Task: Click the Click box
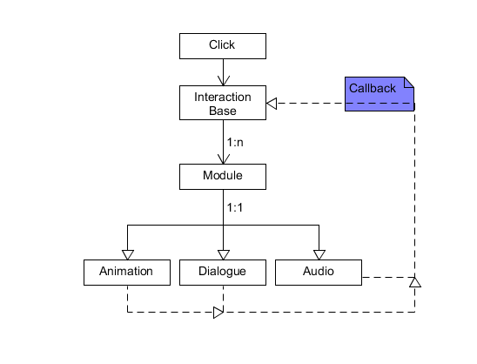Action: point(223,46)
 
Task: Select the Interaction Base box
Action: point(223,103)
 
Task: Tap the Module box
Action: point(223,177)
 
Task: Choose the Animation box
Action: point(127,273)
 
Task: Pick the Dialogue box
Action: point(223,273)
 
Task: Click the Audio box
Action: point(319,273)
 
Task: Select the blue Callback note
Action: point(380,94)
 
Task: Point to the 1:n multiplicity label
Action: point(235,142)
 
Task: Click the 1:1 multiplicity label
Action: point(235,207)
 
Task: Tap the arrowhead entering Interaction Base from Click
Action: point(224,81)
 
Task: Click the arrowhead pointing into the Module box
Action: point(224,159)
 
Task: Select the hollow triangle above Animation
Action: point(128,255)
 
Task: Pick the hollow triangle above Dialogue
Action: point(224,255)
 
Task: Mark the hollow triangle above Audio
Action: point(319,255)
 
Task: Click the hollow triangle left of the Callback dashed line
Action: point(272,104)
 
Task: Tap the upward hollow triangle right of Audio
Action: point(415,282)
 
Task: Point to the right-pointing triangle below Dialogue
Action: point(218,313)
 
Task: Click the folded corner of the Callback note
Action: point(409,82)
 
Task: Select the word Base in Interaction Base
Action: point(223,111)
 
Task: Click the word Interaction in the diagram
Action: point(223,97)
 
